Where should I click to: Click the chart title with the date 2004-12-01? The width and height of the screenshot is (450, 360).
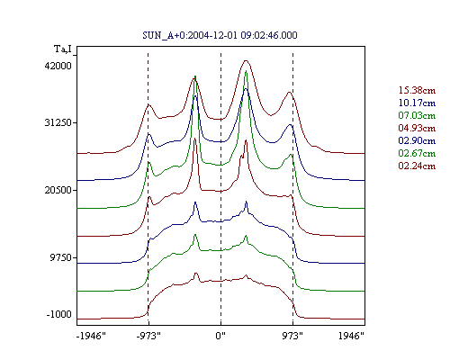pyautogui.click(x=220, y=35)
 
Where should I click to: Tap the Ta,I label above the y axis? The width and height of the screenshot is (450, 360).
pyautogui.click(x=63, y=49)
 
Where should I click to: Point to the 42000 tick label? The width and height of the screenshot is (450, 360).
pyautogui.click(x=58, y=66)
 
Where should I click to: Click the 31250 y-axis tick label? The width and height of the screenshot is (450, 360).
pyautogui.click(x=58, y=122)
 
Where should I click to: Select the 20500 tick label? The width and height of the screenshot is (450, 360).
pyautogui.click(x=58, y=190)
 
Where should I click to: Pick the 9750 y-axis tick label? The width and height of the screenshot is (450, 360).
pyautogui.click(x=61, y=257)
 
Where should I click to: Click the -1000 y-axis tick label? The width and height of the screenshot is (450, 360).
pyautogui.click(x=59, y=314)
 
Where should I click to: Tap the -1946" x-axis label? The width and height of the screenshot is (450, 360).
pyautogui.click(x=91, y=336)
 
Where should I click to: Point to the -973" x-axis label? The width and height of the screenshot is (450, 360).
pyautogui.click(x=148, y=336)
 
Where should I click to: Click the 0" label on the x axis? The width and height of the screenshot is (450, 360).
pyautogui.click(x=220, y=336)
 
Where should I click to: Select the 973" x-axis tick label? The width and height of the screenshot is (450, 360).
pyautogui.click(x=292, y=336)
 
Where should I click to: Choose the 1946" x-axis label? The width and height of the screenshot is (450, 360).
pyautogui.click(x=351, y=336)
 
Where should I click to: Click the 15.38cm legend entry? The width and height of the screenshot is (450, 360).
pyautogui.click(x=417, y=90)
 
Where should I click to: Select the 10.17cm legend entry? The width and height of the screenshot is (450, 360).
pyautogui.click(x=417, y=103)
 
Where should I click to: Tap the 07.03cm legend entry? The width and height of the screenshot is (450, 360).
pyautogui.click(x=417, y=115)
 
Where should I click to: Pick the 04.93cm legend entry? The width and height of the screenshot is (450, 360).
pyautogui.click(x=417, y=128)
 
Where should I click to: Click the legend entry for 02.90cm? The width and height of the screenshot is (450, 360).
pyautogui.click(x=417, y=140)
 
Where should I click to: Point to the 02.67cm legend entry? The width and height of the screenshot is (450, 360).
pyautogui.click(x=417, y=153)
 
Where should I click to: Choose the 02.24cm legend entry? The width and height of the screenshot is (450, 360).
pyautogui.click(x=417, y=166)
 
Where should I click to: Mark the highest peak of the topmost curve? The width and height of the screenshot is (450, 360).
pyautogui.click(x=246, y=61)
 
